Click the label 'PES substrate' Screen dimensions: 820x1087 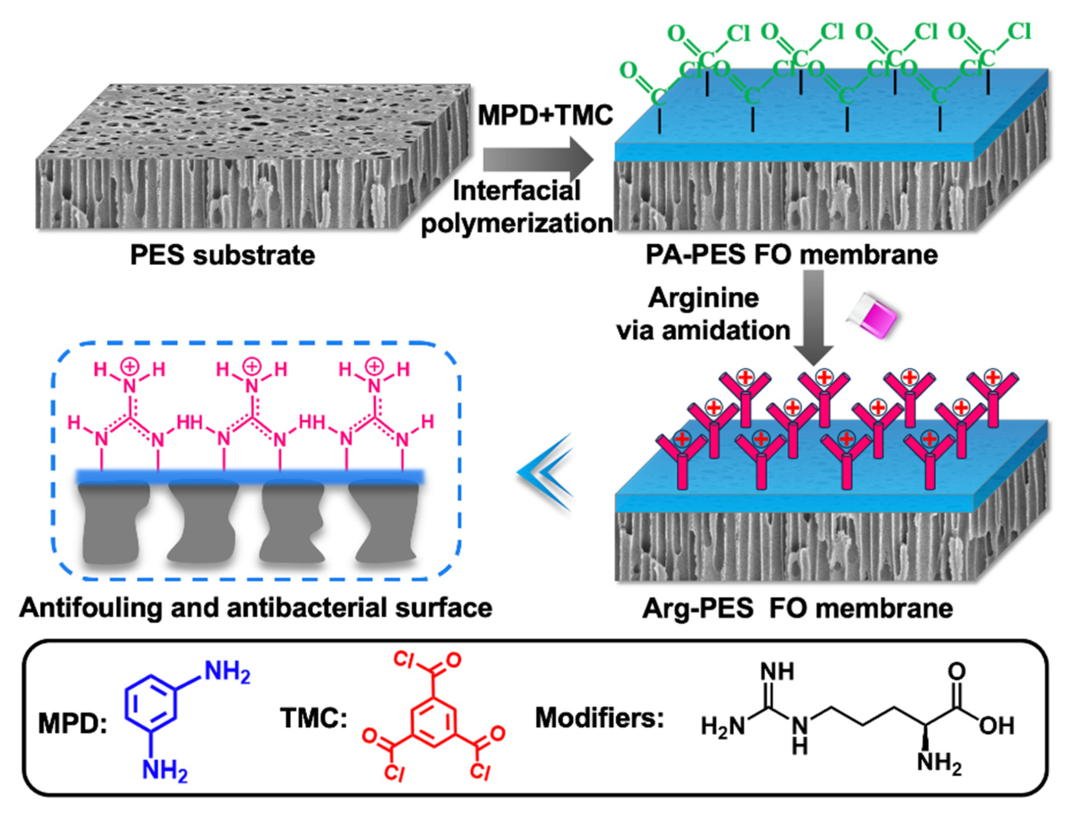coord(222,255)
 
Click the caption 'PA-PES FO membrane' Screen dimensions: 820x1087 coord(791,255)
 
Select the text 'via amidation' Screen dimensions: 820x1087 coord(704,330)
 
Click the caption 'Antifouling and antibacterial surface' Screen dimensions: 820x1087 coord(255,608)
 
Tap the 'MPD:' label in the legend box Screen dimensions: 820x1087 coord(73,725)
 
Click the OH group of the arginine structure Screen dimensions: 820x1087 coord(996,726)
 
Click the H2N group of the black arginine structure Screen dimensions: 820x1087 coord(723,727)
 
